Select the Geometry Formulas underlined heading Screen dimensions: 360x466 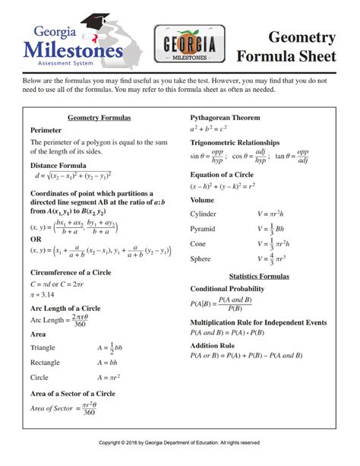click(x=99, y=119)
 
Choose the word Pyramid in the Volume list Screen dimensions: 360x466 click(x=202, y=229)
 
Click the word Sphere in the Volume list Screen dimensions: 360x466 click(x=200, y=258)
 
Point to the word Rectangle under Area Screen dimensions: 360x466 click(x=46, y=363)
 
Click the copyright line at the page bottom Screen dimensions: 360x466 click(x=180, y=442)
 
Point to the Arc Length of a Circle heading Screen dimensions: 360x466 click(x=65, y=308)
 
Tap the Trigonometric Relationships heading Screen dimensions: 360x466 click(x=240, y=143)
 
